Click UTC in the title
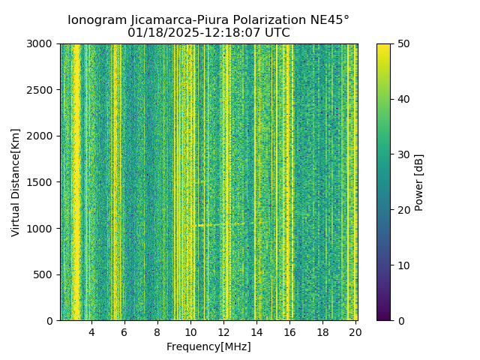point(276,33)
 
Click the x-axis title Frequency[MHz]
point(208,346)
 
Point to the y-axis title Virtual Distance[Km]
point(16,182)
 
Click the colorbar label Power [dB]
point(419,182)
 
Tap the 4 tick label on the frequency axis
point(91,332)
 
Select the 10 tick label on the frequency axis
point(190,332)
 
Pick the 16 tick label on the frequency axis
point(289,332)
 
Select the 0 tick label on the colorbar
point(400,320)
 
